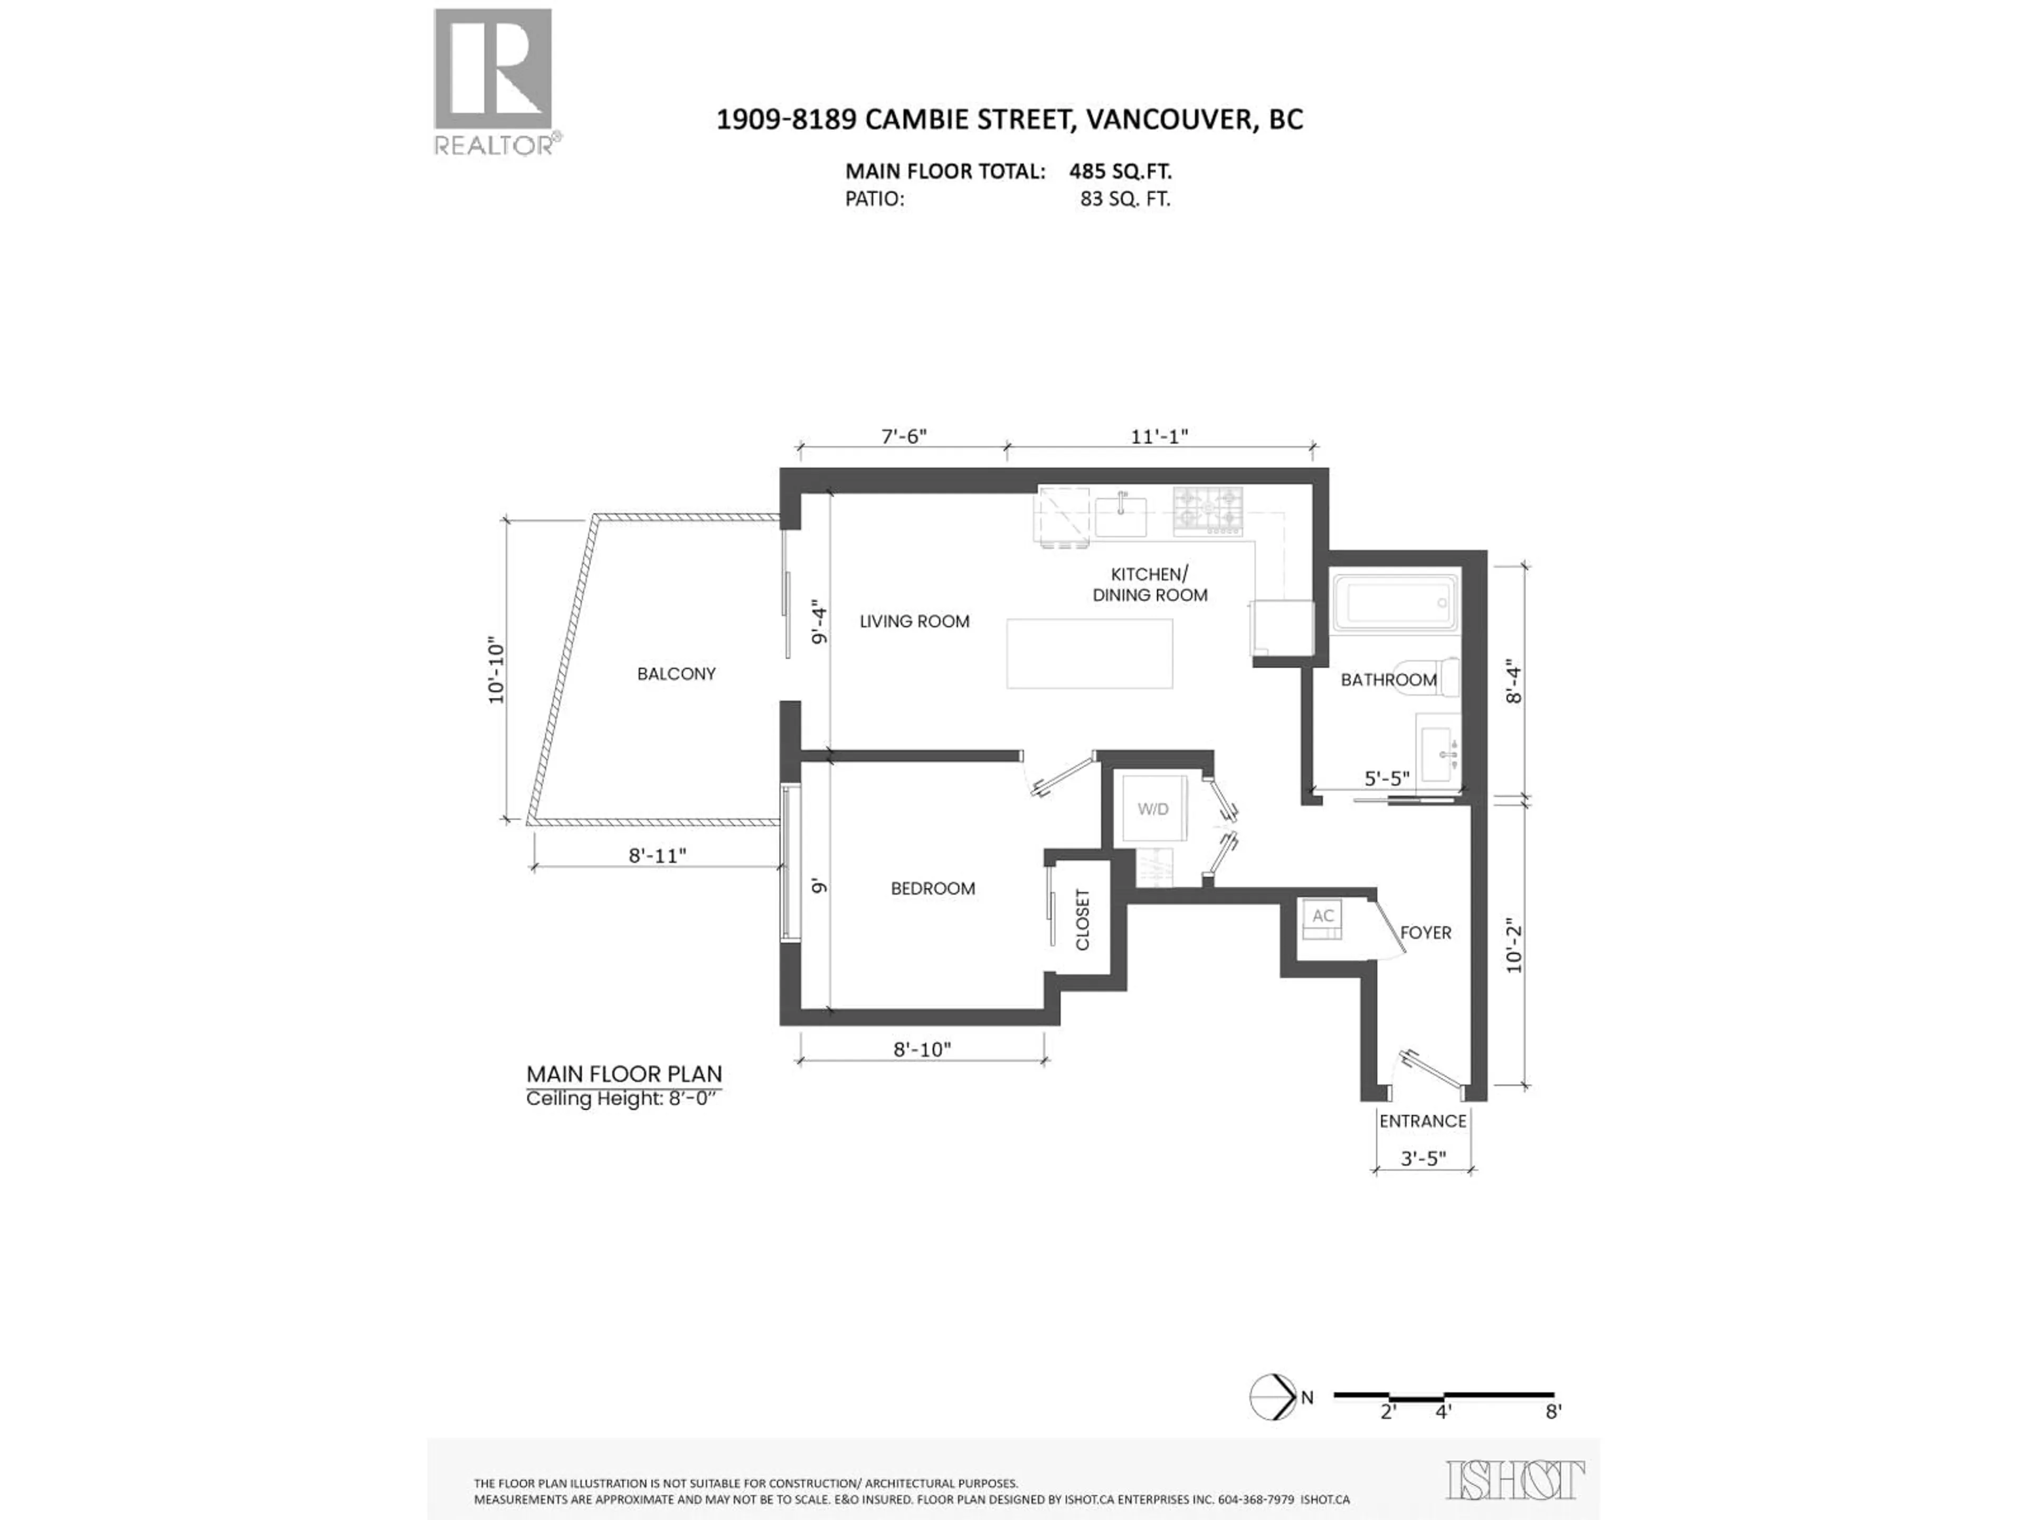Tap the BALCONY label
[x=676, y=673]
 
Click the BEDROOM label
[x=933, y=888]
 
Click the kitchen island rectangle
[x=1088, y=653]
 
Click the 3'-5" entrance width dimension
[x=1423, y=1158]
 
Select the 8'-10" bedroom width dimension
[x=922, y=1049]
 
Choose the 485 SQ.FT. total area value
[x=1120, y=172]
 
